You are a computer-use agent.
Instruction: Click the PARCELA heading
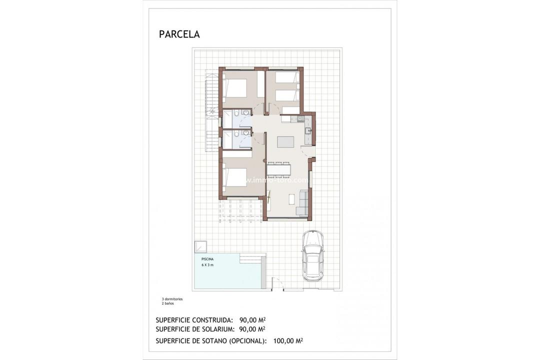point(179,34)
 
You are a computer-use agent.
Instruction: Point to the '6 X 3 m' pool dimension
point(207,265)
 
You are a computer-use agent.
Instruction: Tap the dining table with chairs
point(278,169)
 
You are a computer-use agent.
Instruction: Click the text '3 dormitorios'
point(168,298)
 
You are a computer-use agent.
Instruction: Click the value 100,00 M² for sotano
point(288,340)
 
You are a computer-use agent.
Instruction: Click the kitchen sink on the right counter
point(308,131)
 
